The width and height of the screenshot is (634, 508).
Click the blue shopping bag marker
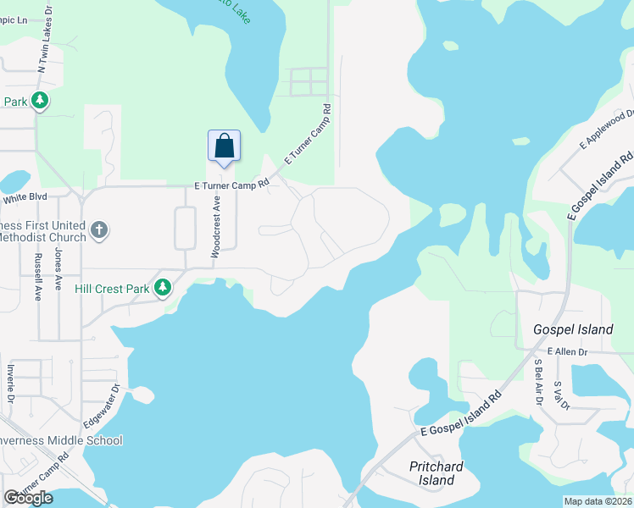(224, 146)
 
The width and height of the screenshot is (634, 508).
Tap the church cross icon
(99, 230)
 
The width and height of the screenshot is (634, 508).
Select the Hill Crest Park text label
(112, 289)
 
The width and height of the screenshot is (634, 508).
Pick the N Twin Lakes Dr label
(41, 50)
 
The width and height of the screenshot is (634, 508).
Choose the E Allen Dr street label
(567, 351)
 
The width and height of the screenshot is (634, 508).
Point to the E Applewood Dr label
(607, 130)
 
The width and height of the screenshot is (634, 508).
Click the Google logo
(28, 498)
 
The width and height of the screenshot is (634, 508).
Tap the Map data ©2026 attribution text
(597, 501)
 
